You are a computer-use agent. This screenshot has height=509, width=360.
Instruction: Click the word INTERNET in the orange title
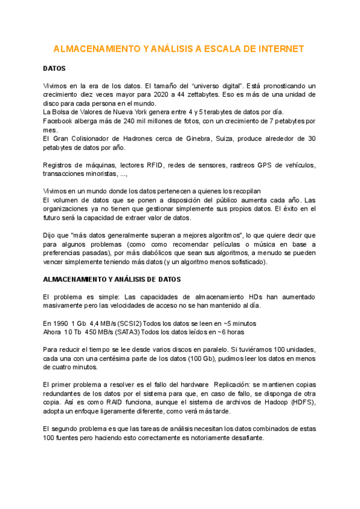276,49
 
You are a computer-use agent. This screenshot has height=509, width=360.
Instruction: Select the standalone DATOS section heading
55,69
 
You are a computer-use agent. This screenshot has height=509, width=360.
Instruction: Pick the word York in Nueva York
151,112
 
